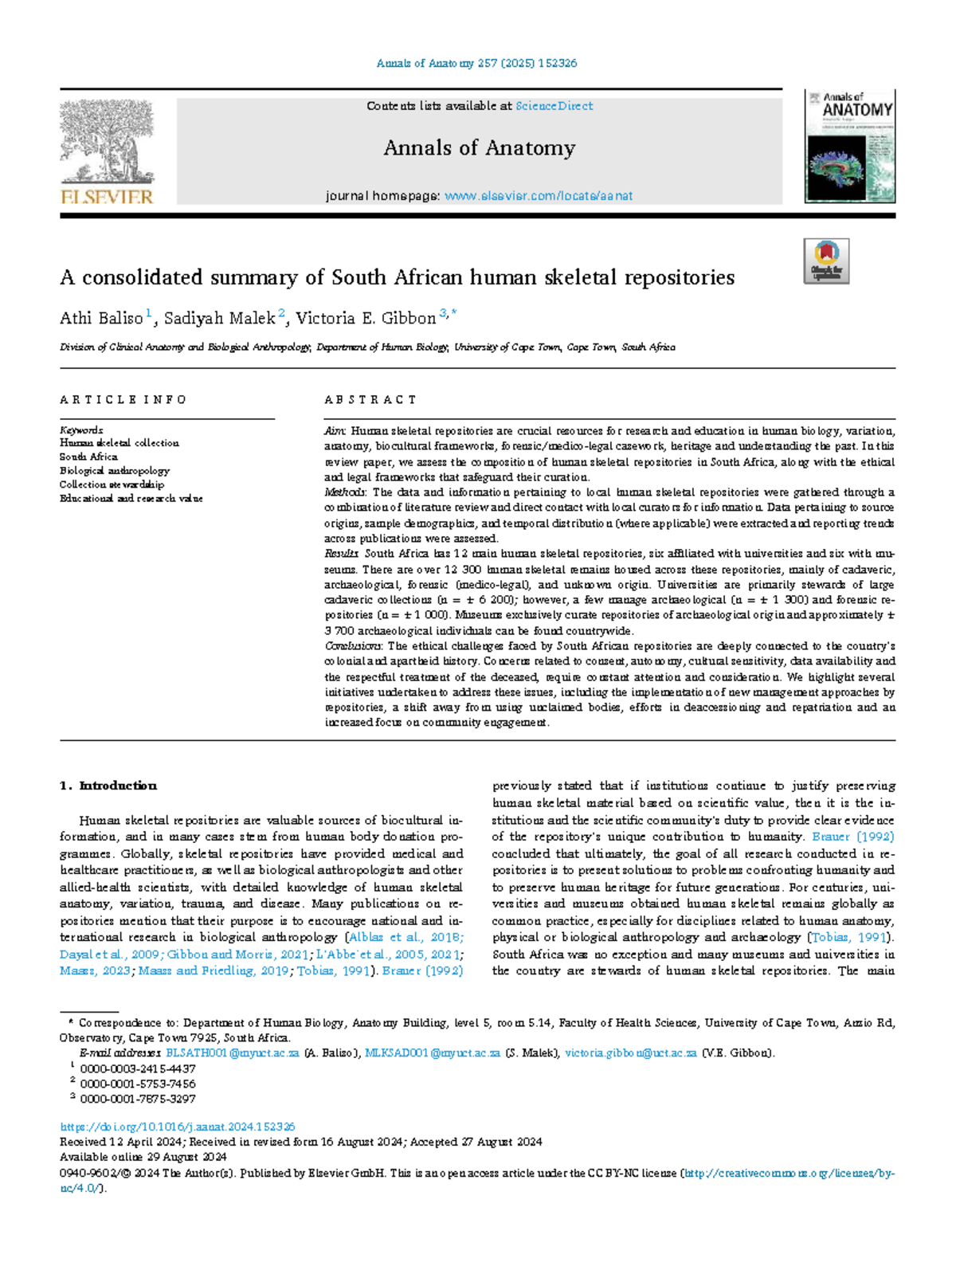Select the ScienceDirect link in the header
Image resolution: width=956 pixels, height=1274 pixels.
point(554,106)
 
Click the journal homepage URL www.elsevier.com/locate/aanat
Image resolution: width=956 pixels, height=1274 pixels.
point(539,196)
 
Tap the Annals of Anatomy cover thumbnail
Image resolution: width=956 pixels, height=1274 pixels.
point(849,146)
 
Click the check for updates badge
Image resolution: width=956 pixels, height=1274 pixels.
point(826,261)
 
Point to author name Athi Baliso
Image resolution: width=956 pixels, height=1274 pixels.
point(101,319)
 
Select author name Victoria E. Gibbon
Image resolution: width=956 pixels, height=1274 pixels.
point(366,319)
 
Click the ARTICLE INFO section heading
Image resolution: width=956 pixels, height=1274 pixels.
point(123,400)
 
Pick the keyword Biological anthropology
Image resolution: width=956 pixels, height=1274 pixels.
point(114,471)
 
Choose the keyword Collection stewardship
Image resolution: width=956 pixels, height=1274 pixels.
point(112,484)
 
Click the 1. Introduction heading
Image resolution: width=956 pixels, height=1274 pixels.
point(108,786)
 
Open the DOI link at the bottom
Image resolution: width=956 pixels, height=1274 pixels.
point(178,1127)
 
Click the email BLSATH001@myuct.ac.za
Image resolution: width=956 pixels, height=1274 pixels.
point(232,1053)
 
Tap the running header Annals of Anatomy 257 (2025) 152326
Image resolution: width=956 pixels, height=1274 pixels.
point(476,63)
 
